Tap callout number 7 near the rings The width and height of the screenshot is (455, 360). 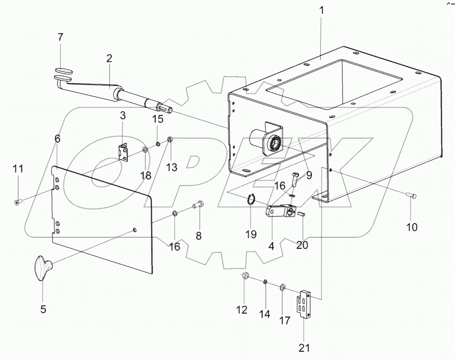60,37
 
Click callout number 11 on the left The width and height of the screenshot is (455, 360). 18,169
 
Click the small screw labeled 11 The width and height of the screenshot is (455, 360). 17,202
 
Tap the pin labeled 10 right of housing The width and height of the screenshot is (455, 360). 412,195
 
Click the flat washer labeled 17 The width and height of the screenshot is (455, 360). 282,288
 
